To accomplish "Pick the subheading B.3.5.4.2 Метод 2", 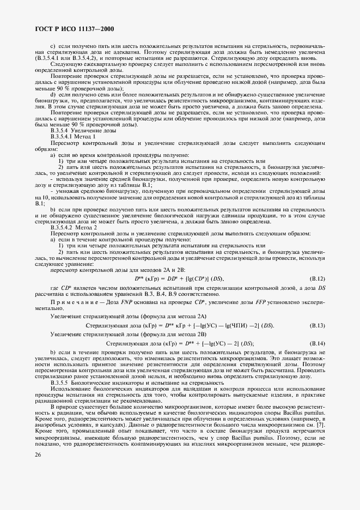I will pos(74,228).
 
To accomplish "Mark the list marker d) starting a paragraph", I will pos(53,94).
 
